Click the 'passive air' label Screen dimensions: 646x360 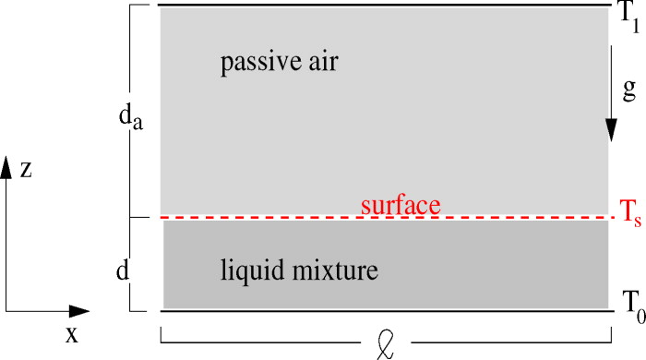[281, 64]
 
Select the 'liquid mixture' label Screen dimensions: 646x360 [300, 271]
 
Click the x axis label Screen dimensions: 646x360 [71, 334]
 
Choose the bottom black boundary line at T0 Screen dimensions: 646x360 [388, 310]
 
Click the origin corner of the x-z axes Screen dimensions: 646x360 [7, 312]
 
